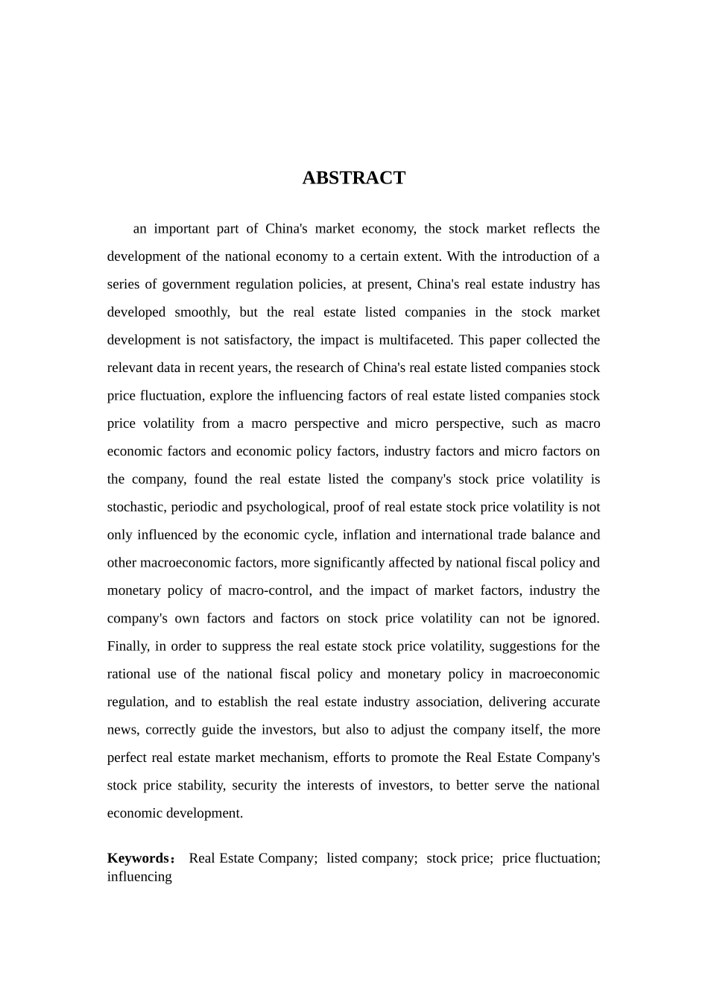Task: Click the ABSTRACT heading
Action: coord(353,178)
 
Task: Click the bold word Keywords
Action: coord(139,858)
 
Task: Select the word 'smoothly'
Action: coord(201,312)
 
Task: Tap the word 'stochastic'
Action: coord(137,507)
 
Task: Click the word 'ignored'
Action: coord(575,618)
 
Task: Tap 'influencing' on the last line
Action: coord(139,877)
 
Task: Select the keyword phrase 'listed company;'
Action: coord(371,858)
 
